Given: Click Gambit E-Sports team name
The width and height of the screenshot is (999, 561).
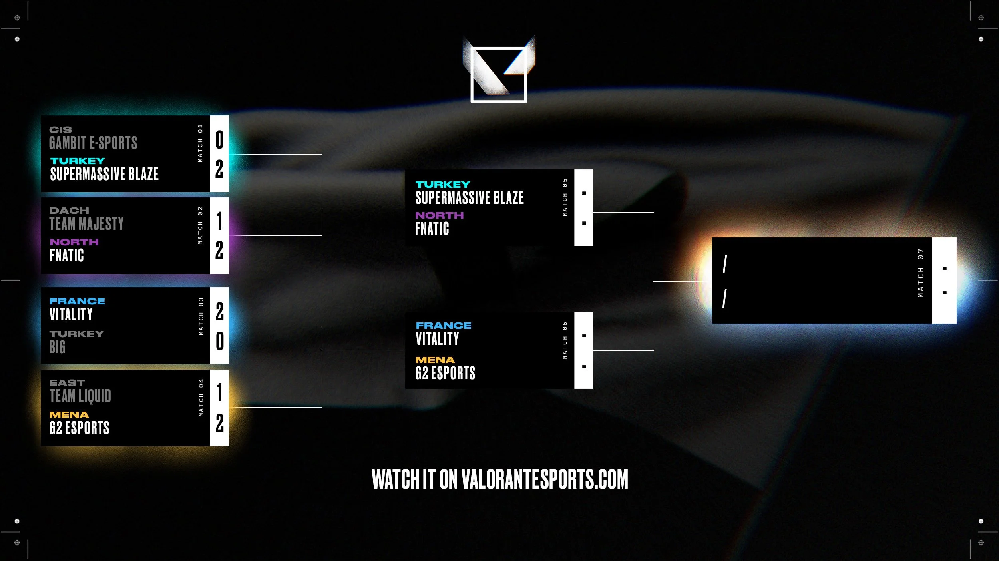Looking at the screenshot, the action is click(x=93, y=143).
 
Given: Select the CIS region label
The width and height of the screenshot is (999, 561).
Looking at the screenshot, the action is click(x=60, y=130).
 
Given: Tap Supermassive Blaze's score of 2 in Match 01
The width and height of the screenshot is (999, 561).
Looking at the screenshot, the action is click(x=219, y=169).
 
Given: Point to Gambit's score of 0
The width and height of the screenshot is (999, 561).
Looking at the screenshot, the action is click(x=219, y=140).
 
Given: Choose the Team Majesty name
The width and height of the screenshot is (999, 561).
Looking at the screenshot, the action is click(x=86, y=224).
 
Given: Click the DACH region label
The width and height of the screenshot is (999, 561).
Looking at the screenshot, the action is click(x=69, y=211).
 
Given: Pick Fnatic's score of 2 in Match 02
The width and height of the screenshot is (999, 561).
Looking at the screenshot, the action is click(x=219, y=251).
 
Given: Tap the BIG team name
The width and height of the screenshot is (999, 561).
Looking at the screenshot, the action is click(x=58, y=347).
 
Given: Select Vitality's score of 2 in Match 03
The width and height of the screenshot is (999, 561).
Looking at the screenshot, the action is click(x=219, y=312).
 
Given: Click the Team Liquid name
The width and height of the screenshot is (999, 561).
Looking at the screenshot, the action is click(x=80, y=396).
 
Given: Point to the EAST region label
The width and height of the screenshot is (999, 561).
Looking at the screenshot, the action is click(x=67, y=383).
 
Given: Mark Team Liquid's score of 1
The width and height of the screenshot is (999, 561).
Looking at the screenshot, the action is click(x=219, y=392).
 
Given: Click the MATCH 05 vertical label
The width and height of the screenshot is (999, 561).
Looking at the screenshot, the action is click(x=565, y=197).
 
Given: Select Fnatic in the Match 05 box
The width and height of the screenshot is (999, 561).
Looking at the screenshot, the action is click(x=432, y=229).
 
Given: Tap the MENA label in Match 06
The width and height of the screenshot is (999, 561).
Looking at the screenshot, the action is click(x=435, y=360).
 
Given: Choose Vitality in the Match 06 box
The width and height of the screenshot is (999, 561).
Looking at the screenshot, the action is click(x=437, y=339).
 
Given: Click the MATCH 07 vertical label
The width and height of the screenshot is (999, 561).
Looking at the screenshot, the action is click(x=921, y=273).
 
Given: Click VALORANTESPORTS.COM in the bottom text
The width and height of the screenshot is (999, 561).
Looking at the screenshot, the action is click(x=545, y=479).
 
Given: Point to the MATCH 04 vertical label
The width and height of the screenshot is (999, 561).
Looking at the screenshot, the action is click(x=201, y=398).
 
